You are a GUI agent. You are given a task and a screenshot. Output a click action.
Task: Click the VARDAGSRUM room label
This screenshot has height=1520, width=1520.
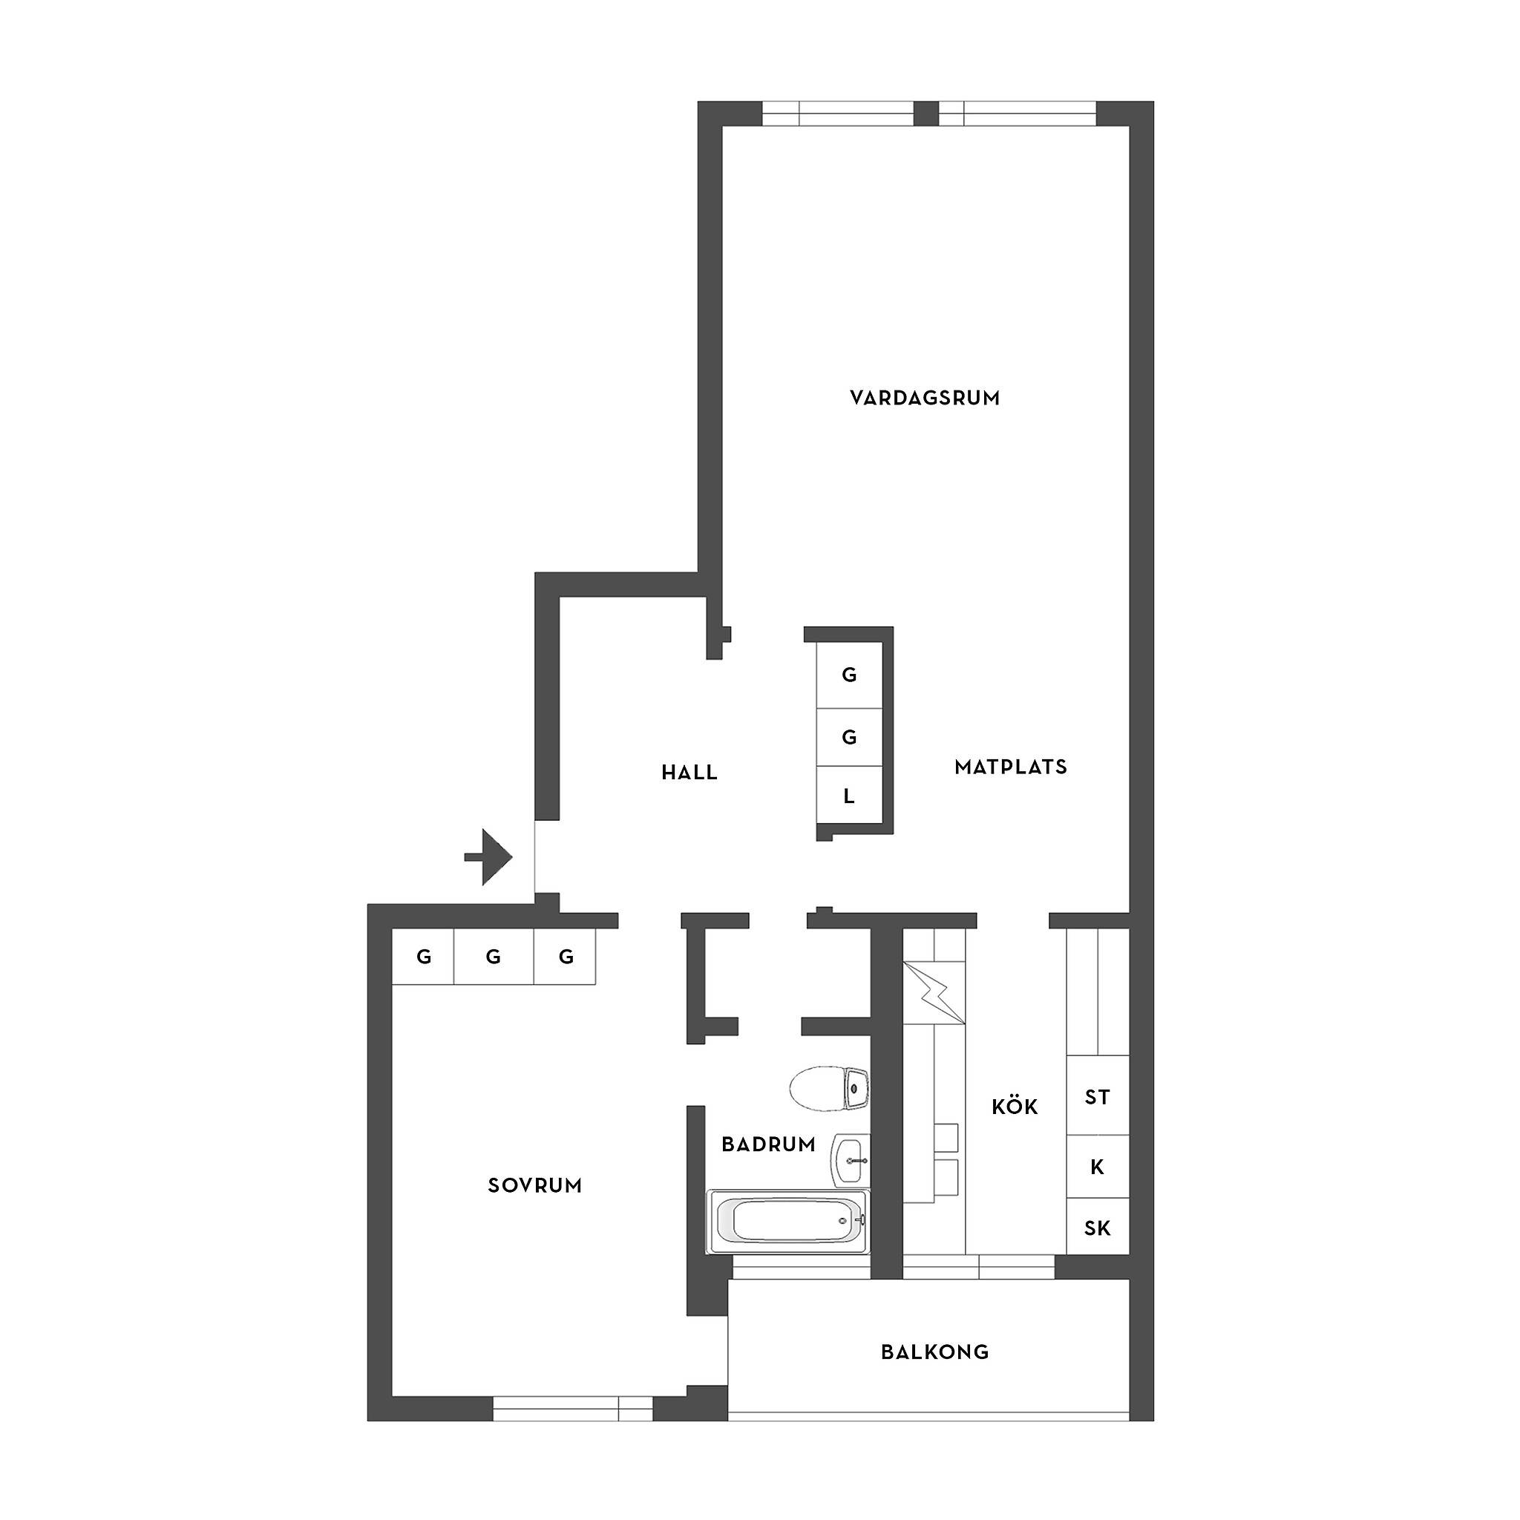[925, 398]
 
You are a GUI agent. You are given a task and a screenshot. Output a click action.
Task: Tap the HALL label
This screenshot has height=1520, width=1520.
[689, 773]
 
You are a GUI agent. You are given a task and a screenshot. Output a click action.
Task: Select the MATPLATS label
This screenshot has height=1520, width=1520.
[1011, 767]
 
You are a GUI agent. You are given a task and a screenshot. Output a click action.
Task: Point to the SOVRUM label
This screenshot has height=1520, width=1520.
[535, 1185]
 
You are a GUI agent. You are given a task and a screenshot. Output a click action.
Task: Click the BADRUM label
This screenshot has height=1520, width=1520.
[769, 1144]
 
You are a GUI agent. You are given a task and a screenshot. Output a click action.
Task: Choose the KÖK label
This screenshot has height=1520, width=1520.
[1015, 1106]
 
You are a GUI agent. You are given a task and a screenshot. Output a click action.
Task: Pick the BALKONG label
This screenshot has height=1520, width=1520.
[934, 1352]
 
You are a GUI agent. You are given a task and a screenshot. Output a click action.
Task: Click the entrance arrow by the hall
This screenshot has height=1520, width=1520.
[488, 856]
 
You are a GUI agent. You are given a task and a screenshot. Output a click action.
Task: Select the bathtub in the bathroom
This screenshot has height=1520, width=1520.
[789, 1221]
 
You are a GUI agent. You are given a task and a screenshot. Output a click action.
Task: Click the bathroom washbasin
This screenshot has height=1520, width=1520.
[851, 1161]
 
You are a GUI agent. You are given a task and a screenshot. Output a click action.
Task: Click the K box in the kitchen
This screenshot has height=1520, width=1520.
[1098, 1167]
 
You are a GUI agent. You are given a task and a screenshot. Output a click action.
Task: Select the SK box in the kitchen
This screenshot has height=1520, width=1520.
[1098, 1227]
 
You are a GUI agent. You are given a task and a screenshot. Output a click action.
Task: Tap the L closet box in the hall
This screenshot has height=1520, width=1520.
[849, 796]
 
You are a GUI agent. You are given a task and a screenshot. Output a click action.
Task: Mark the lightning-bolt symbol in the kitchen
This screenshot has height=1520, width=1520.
[934, 994]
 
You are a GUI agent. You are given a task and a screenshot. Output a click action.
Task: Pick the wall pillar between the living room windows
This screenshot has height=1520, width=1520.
[926, 114]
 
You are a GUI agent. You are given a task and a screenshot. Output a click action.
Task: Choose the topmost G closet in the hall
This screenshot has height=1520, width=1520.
[849, 675]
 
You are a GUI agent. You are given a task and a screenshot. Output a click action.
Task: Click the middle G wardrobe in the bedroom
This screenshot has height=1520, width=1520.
[494, 957]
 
